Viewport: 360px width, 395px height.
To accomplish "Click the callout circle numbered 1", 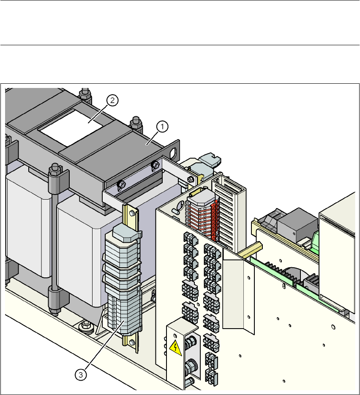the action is (162, 126).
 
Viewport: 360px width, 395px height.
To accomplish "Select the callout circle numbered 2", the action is (112, 100).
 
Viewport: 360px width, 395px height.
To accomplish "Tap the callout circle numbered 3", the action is (81, 375).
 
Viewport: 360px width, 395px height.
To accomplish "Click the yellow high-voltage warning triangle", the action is (175, 348).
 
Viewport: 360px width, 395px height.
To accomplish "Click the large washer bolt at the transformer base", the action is (86, 326).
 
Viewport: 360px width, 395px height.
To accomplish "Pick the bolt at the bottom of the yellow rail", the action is (132, 343).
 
